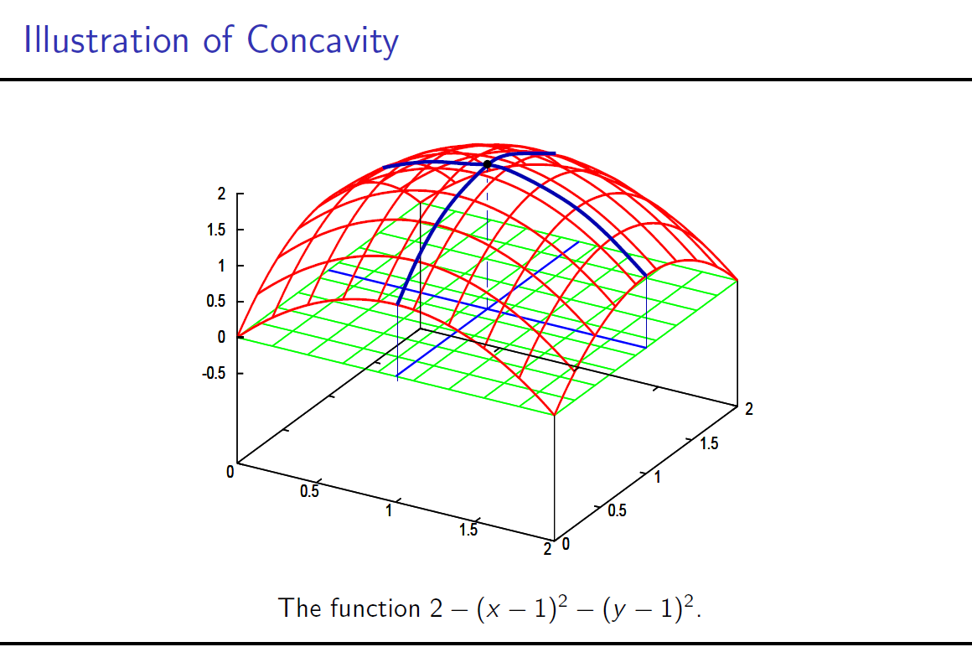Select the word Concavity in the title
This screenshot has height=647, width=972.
[323, 40]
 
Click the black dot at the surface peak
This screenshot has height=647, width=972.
[488, 164]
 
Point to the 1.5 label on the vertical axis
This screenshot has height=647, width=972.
[216, 230]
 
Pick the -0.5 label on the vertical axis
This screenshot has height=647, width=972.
[215, 374]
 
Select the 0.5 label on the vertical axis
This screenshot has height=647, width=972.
[216, 302]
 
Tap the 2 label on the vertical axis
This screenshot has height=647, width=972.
[222, 194]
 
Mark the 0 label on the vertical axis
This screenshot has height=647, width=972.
[222, 338]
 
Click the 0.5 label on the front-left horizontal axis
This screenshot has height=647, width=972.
[309, 492]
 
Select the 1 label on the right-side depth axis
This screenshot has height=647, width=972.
[658, 478]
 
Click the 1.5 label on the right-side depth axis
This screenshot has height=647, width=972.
[709, 444]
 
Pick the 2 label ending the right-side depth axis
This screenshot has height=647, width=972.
[749, 410]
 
